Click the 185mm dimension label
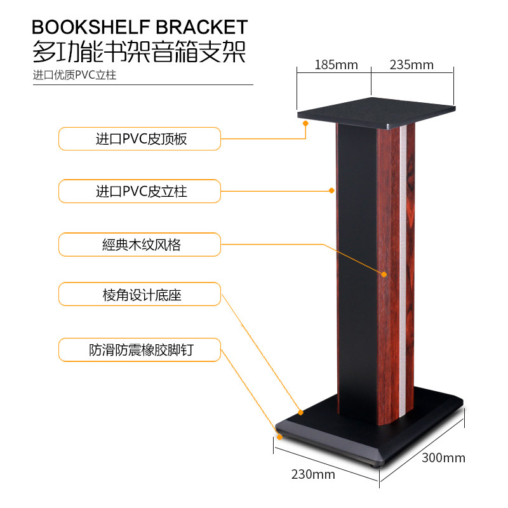coord(336,65)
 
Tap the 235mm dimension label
coord(411,65)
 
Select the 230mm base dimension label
coord(313,474)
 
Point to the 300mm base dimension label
coord(443,458)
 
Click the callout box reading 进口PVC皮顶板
coord(140,139)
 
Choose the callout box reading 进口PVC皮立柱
coord(140,191)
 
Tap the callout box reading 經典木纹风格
coord(140,244)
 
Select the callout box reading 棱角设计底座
coord(140,295)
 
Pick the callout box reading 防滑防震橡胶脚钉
coord(140,349)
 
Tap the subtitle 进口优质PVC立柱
coord(75,75)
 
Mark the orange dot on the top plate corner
coord(305,124)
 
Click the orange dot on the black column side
coord(331,190)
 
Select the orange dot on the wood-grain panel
coord(384,274)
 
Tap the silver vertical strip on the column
coord(403,267)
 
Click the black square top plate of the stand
coord(376,109)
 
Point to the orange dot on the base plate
coord(301,412)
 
